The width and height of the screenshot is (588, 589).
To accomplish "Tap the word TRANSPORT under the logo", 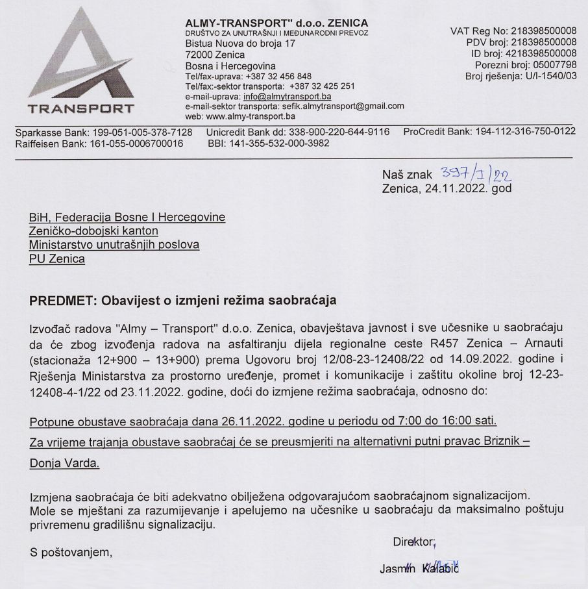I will pyautogui.click(x=77, y=108).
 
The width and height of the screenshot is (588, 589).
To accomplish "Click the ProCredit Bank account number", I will pyautogui.click(x=526, y=132).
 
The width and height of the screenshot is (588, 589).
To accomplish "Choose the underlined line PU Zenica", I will pyautogui.click(x=57, y=259).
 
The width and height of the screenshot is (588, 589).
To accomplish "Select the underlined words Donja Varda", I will pyautogui.click(x=64, y=465).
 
